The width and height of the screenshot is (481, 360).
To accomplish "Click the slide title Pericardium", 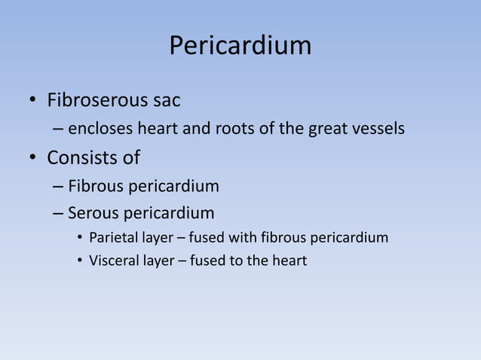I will tap(240, 46).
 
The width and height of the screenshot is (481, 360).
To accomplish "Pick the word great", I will tap(326, 129).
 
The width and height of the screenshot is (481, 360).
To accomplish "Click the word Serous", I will tap(94, 212).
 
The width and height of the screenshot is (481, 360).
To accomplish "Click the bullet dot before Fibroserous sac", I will tap(32, 100).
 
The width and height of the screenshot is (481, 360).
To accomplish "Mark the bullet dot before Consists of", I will tap(32, 159).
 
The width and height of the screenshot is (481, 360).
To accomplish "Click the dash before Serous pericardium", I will tap(59, 213).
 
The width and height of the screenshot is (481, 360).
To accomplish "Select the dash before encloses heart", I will tap(59, 130).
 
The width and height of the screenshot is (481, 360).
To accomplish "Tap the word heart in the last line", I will tap(290, 262).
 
